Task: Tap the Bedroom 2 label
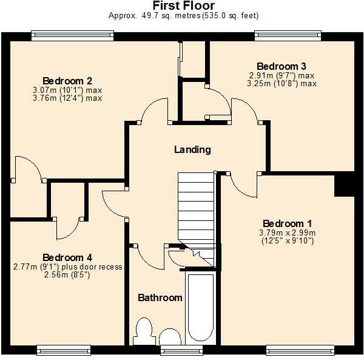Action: (x=67, y=81)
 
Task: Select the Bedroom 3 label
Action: (x=282, y=66)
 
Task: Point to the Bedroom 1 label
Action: (x=288, y=223)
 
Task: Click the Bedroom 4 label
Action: (x=67, y=257)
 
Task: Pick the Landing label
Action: (x=192, y=149)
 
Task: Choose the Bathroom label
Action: (x=160, y=297)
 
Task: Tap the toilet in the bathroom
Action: (x=144, y=331)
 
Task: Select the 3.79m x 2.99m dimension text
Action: (x=288, y=232)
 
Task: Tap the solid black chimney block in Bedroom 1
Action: (x=344, y=185)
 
